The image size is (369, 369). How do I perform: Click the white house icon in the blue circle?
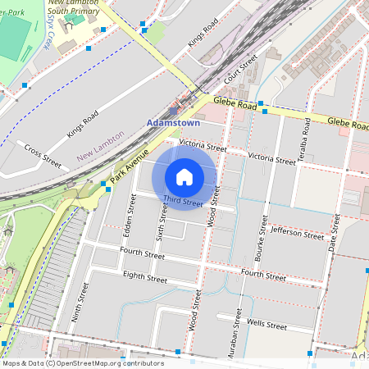pyautogui.click(x=184, y=176)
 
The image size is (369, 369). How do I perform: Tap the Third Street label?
pyautogui.click(x=182, y=202)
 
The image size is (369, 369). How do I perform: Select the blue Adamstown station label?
pyautogui.click(x=172, y=123)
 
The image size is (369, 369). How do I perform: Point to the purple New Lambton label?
pyautogui.click(x=100, y=145)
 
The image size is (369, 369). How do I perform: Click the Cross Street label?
pyautogui.click(x=43, y=155)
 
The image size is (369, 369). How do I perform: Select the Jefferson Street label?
pyautogui.click(x=296, y=233)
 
